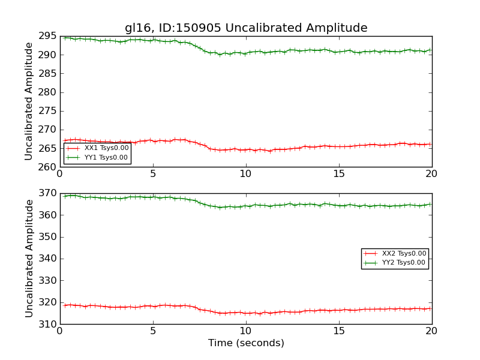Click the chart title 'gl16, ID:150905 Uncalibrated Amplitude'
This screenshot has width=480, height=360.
[x=246, y=28]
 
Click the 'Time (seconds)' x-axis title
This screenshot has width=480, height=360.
[x=246, y=343]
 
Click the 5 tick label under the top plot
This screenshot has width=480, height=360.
[x=153, y=174]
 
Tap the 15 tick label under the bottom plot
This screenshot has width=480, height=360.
[x=339, y=331]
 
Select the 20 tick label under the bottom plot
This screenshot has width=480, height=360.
[x=431, y=331]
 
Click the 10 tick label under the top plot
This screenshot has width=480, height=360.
[x=246, y=174]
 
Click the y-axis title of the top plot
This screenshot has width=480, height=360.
[x=29, y=101]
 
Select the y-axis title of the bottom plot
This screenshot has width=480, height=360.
[x=29, y=259]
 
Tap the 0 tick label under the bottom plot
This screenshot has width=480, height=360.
[x=60, y=331]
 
